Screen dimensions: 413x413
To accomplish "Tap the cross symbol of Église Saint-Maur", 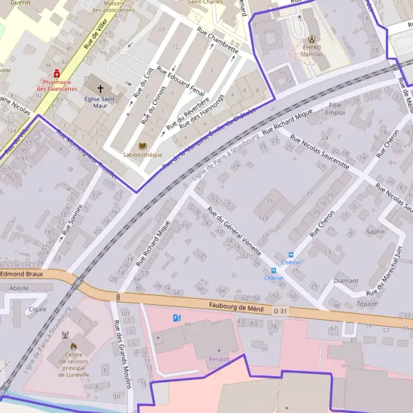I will [x=101, y=89].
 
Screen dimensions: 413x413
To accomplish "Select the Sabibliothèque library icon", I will [x=142, y=146].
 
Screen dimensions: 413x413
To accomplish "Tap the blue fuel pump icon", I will [x=177, y=318].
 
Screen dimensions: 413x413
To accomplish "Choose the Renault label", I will [x=219, y=359].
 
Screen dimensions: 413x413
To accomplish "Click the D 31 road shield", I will [x=279, y=313].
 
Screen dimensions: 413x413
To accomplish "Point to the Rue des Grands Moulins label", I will [x=122, y=355].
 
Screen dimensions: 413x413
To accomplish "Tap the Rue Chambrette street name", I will [x=218, y=40].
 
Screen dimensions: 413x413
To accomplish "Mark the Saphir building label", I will [x=376, y=231].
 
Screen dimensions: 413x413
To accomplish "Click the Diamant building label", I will [x=346, y=281].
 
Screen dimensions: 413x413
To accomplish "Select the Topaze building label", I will [x=367, y=304].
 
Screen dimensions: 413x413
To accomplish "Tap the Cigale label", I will [x=37, y=309].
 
